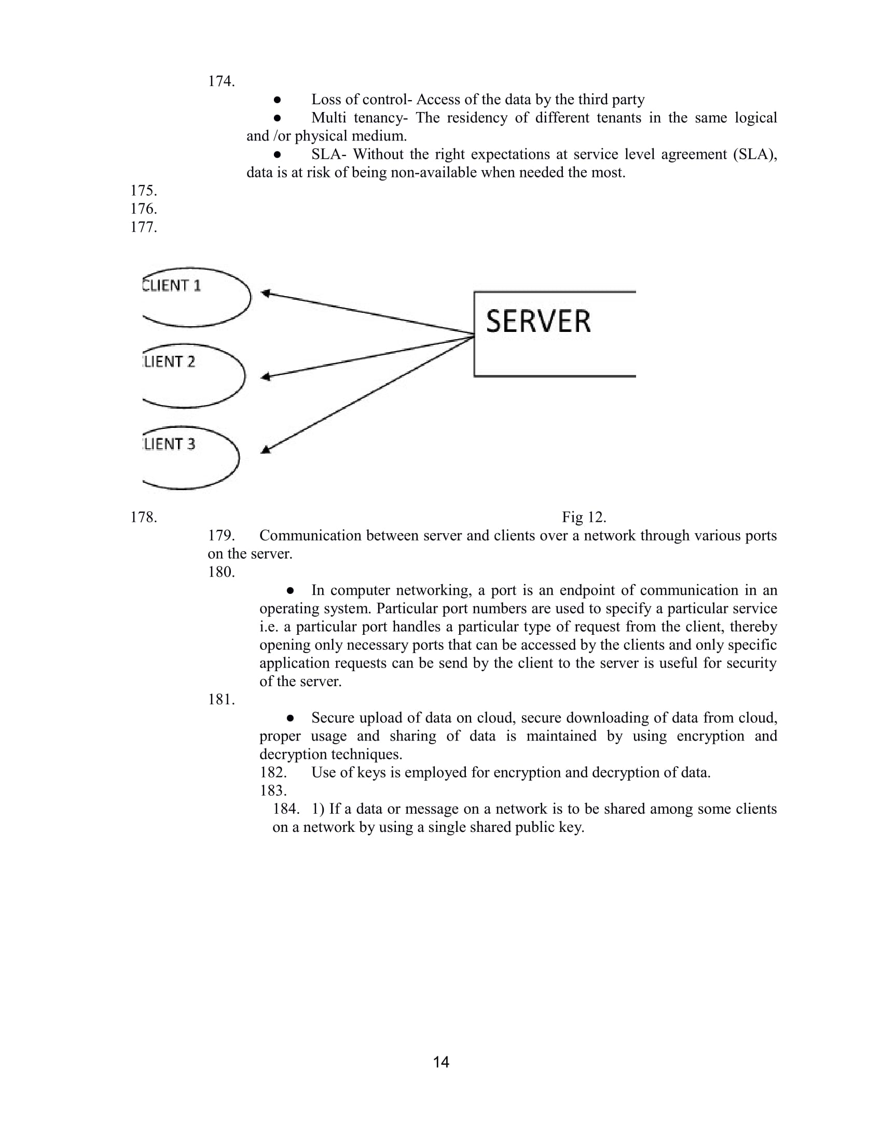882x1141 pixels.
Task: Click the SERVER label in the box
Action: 538,322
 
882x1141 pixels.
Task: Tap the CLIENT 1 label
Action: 172,286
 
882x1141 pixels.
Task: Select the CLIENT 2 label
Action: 169,361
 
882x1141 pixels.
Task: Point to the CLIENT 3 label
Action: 169,444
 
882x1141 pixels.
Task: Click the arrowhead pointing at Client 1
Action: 266,293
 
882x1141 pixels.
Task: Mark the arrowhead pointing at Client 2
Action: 266,377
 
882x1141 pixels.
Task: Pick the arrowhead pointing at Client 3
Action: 266,449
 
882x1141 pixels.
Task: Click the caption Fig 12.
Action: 584,517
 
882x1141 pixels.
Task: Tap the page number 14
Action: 441,1062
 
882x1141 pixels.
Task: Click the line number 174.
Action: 221,81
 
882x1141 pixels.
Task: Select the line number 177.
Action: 143,227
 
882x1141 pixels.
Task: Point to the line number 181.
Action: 221,700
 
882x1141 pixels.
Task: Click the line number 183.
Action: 273,790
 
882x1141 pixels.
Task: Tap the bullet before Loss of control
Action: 278,99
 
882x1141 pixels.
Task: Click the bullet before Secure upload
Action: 291,718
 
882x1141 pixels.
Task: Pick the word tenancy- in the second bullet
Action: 380,118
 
